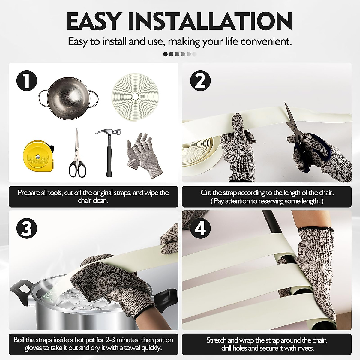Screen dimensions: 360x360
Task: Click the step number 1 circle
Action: (x=27, y=81)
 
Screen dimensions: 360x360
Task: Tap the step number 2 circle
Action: (x=200, y=81)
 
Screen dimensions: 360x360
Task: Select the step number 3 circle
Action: (x=27, y=229)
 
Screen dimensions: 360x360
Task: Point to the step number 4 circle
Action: (x=200, y=229)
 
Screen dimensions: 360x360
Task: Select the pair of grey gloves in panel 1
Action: (x=144, y=155)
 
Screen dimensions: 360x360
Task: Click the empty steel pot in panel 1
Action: (x=68, y=98)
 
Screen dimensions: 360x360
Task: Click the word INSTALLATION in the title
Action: (x=211, y=22)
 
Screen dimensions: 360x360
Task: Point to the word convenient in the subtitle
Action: (x=266, y=41)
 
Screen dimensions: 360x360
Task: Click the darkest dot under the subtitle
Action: (x=165, y=54)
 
